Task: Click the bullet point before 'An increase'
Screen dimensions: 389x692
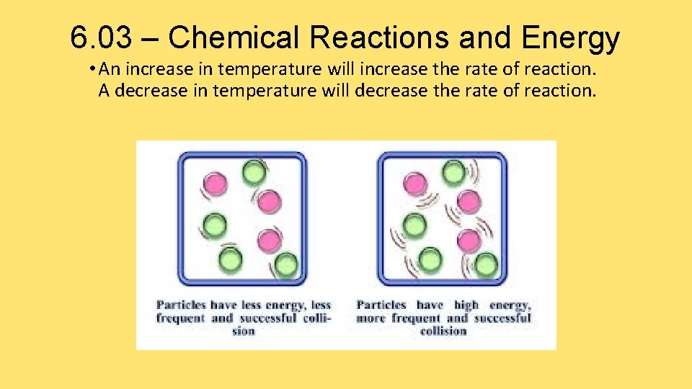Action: tap(94, 70)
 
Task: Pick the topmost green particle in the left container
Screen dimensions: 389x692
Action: tap(253, 173)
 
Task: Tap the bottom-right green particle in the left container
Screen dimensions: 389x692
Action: tap(286, 265)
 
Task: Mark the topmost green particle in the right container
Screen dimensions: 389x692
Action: tap(453, 173)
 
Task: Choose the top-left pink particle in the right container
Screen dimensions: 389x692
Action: tap(416, 184)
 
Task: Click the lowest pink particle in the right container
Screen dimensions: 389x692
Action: tap(469, 240)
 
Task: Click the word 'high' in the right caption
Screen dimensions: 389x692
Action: tap(466, 305)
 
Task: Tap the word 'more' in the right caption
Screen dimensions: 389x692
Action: tap(371, 318)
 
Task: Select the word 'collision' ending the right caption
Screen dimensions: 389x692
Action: tap(443, 331)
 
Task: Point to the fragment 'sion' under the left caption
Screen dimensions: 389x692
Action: tap(244, 331)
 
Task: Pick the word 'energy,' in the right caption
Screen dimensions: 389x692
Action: tap(510, 305)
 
